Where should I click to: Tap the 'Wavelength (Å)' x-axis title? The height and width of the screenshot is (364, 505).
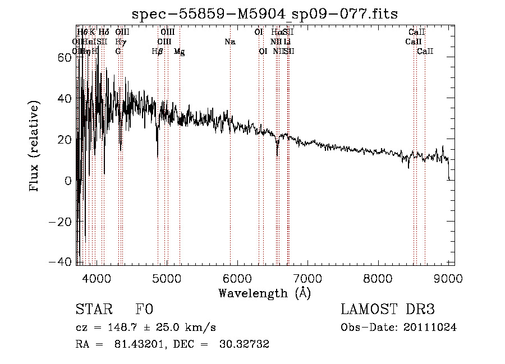(x=264, y=293)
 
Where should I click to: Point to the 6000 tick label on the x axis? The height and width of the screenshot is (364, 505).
(x=237, y=279)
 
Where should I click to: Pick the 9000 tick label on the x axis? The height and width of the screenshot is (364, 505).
(x=447, y=279)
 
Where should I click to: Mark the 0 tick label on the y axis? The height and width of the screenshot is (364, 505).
(x=67, y=181)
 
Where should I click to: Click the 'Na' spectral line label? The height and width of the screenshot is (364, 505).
(x=229, y=42)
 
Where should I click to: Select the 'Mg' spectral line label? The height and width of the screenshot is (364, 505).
(x=179, y=52)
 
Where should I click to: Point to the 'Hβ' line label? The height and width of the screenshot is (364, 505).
(x=157, y=52)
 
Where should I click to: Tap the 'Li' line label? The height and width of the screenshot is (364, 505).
(x=287, y=42)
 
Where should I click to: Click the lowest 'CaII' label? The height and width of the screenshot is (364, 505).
(x=425, y=52)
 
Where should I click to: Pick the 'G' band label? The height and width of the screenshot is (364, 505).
(x=118, y=52)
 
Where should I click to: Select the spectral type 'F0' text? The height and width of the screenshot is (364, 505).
(x=144, y=310)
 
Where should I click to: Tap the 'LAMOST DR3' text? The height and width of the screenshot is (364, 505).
(x=388, y=310)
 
